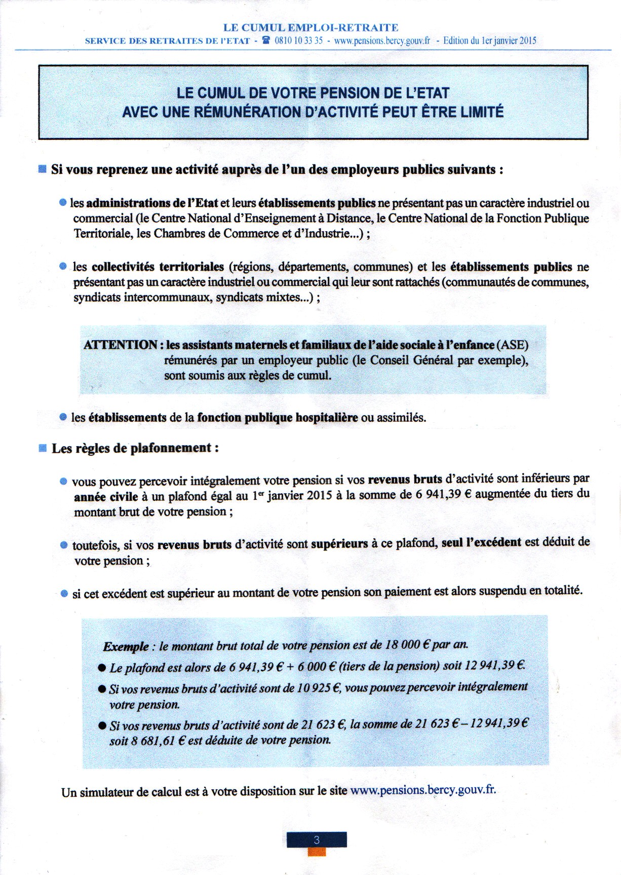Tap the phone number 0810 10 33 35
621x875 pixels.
(298, 41)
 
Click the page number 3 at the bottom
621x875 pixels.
(317, 840)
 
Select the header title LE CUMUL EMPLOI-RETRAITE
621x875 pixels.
(310, 27)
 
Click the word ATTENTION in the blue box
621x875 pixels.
(121, 345)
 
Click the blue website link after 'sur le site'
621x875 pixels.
(422, 790)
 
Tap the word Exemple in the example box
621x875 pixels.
(126, 647)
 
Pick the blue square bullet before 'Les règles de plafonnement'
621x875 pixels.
(43, 448)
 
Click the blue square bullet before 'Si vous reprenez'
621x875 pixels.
(43, 169)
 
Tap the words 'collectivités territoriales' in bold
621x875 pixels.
(158, 267)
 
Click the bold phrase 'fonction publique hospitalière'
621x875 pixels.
(277, 418)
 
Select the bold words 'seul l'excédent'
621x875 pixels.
(481, 542)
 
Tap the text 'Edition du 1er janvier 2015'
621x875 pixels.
(489, 41)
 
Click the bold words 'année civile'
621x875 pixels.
(106, 497)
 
